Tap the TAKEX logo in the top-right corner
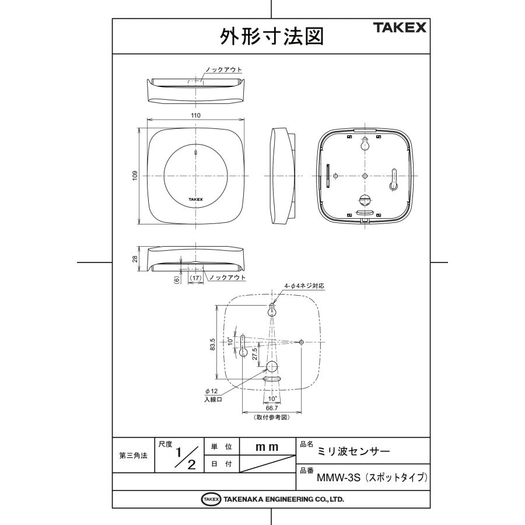[400, 27]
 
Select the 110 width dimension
[195, 116]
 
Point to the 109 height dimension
[134, 175]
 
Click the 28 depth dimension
[134, 258]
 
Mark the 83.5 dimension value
[213, 344]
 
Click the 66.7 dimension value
[271, 408]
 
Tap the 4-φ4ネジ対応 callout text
[303, 286]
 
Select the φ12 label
[211, 391]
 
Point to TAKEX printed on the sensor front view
[195, 199]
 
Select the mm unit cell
[267, 446]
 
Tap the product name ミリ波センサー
[353, 452]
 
